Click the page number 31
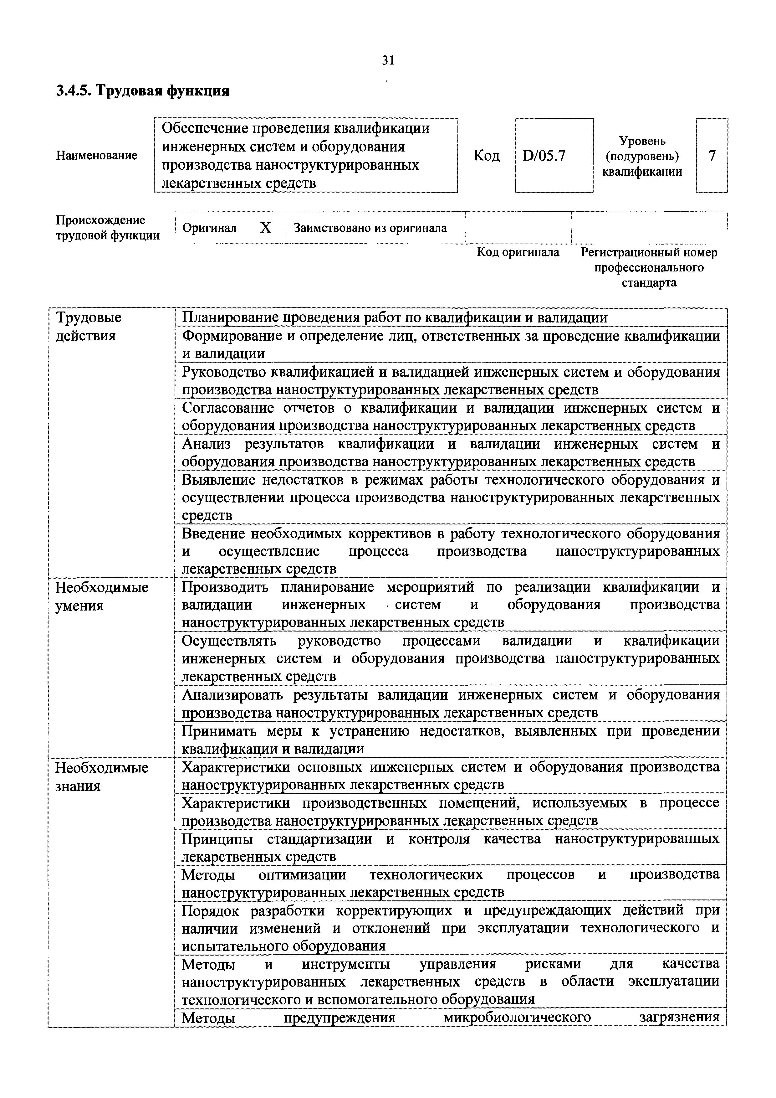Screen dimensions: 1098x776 [x=387, y=60]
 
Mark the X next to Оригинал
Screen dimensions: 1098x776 [x=265, y=228]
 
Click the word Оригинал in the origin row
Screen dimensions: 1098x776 [x=209, y=228]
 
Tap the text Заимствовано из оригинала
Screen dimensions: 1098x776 [x=370, y=228]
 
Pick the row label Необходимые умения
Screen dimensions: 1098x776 [x=101, y=596]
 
